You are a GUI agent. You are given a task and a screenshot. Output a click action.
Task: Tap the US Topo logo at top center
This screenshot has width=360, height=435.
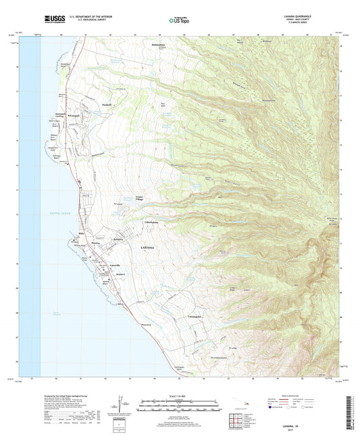tap(178, 21)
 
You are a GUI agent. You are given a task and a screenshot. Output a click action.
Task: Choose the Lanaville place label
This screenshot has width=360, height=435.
tap(96, 265)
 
